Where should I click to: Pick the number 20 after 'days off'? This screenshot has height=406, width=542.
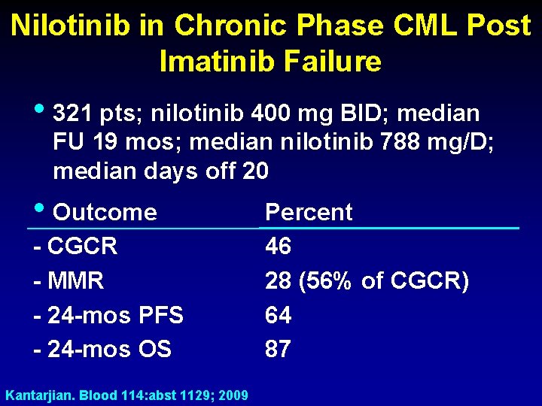point(255,171)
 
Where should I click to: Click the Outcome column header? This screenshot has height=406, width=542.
point(105,213)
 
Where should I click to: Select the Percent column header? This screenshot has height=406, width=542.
point(309,213)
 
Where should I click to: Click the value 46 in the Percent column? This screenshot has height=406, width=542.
point(279,247)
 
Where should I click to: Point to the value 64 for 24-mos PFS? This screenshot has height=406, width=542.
point(279,315)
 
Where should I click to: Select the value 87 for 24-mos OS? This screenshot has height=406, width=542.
point(279,349)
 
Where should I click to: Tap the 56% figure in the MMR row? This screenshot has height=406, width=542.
point(331,281)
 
